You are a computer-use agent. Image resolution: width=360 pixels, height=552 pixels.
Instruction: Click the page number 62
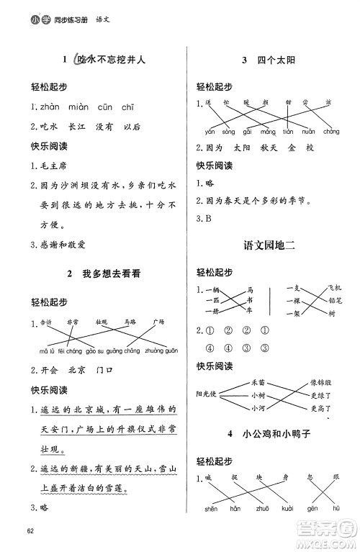coord(30,531)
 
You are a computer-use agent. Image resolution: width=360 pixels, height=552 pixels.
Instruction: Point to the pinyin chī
coord(128,107)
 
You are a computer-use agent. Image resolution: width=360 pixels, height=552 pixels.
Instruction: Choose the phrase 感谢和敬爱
coord(63,244)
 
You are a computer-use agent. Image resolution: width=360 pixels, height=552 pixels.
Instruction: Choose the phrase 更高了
coord(320,410)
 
